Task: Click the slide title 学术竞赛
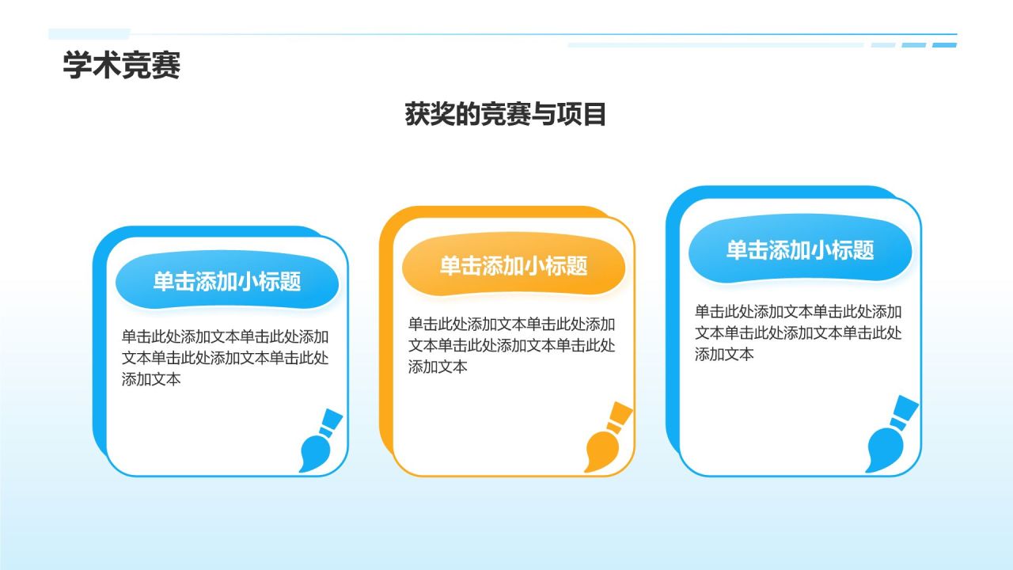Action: pos(122,66)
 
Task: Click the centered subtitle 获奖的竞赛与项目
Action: pos(506,115)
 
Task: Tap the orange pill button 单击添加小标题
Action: pos(514,266)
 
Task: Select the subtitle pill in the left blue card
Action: pos(227,281)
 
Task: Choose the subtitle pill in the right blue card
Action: pos(800,250)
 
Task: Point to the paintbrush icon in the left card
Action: pos(320,441)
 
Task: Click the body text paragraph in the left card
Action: pos(226,357)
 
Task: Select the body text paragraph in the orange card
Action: pos(512,345)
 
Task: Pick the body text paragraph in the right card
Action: pos(799,332)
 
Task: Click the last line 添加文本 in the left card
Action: pos(152,379)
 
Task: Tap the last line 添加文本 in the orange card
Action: pos(438,367)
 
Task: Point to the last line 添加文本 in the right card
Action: pos(725,354)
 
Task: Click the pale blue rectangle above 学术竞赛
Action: pos(89,34)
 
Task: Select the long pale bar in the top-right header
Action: pos(715,45)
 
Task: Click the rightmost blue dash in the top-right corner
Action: pos(944,45)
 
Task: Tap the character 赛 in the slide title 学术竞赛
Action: pos(166,66)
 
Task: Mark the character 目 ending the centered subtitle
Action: pos(594,115)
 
